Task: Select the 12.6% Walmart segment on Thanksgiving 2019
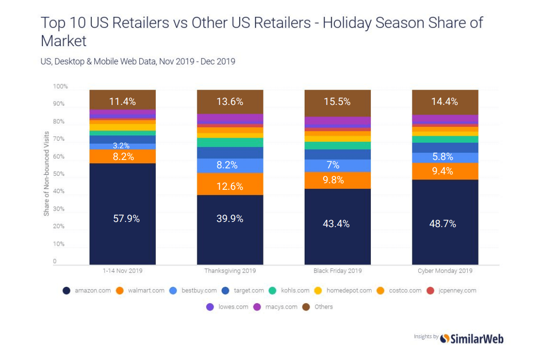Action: (x=230, y=187)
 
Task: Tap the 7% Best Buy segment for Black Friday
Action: (x=337, y=165)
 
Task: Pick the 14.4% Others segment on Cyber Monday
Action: (x=445, y=102)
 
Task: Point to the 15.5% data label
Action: (x=337, y=102)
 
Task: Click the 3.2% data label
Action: (x=123, y=146)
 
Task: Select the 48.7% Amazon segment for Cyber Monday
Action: (x=445, y=223)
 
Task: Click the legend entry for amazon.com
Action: (x=87, y=291)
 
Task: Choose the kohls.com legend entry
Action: (x=290, y=291)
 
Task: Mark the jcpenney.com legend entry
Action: (x=452, y=291)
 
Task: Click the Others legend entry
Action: (x=319, y=307)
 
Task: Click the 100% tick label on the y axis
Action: (x=60, y=87)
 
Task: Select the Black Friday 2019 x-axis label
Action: (x=337, y=271)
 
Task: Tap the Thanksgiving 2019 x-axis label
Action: (x=230, y=271)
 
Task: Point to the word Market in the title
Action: (x=64, y=41)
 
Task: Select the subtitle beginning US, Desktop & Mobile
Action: (x=138, y=61)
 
